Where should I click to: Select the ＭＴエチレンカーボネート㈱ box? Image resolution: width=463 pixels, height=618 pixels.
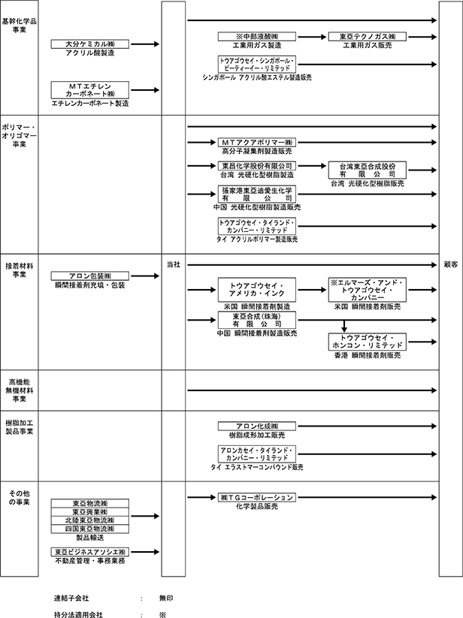click(x=89, y=90)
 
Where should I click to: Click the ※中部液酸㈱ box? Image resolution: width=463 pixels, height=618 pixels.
click(x=258, y=37)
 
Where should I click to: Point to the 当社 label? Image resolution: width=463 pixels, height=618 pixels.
click(x=173, y=265)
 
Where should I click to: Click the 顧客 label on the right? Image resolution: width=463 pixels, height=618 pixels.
click(x=449, y=265)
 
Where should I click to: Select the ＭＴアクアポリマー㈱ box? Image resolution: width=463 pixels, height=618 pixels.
click(x=258, y=142)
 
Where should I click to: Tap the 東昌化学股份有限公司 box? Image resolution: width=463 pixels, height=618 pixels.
click(x=258, y=165)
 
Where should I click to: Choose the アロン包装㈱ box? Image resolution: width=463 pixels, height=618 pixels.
click(x=89, y=276)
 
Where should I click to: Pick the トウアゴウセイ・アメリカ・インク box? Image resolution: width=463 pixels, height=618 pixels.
click(x=258, y=291)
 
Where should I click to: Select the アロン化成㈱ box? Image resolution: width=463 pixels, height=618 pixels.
click(x=258, y=426)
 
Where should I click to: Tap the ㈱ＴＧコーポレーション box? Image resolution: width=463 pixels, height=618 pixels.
click(x=258, y=497)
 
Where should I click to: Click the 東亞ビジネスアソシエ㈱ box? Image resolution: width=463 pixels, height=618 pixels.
click(x=89, y=552)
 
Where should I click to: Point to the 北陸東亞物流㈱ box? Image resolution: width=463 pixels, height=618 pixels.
click(x=89, y=520)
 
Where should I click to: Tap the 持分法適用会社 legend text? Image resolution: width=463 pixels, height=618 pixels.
click(x=78, y=613)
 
